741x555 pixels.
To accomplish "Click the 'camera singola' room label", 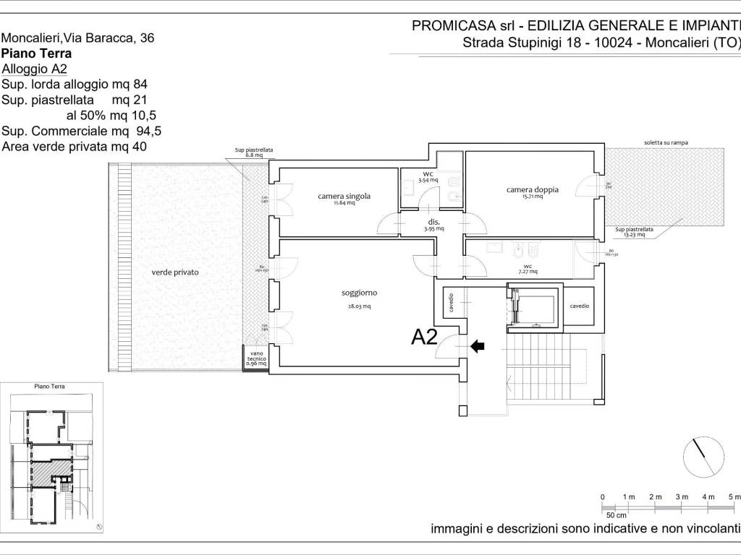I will tap(344, 196).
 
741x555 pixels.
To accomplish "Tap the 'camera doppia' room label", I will tap(533, 189).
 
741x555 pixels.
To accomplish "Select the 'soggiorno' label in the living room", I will tap(360, 293).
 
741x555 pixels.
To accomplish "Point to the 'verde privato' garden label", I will tap(175, 272).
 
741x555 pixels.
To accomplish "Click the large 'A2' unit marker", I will tap(425, 337).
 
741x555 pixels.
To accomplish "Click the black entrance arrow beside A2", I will tap(478, 347).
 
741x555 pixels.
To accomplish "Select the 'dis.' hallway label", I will tap(434, 222).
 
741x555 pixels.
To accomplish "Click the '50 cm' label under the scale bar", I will tap(616, 515).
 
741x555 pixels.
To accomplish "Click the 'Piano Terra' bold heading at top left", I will tap(37, 53).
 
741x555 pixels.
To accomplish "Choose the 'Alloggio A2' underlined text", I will tap(34, 69).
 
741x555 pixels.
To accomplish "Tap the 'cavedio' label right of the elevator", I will tap(579, 306).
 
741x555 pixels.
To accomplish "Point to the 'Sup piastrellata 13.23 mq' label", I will tap(634, 232).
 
